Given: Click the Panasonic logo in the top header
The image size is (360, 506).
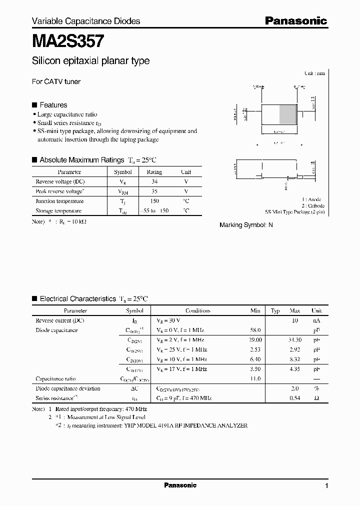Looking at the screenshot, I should tap(295, 20).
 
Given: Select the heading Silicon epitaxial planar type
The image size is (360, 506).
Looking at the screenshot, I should tap(90, 61).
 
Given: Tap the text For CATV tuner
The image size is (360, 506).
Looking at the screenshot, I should tap(56, 81).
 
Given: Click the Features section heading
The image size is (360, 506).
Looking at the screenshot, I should tap(53, 105).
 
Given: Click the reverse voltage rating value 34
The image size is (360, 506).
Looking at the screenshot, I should tap(154, 181).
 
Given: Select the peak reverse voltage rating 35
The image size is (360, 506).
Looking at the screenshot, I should tap(154, 191).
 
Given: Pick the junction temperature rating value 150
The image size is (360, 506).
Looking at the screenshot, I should tap(154, 201).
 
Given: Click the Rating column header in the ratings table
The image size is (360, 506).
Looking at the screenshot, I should tap(154, 171).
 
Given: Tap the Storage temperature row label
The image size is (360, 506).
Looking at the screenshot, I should tap(58, 211).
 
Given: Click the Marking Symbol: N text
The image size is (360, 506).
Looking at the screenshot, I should tap(246, 225).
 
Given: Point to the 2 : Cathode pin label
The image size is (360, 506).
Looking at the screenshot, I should tap(312, 205).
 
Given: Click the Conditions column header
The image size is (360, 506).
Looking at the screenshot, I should tap(198, 310).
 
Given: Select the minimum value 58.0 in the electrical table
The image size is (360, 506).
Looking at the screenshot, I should tap(255, 330).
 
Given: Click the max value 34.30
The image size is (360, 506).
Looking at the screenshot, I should tap(294, 340).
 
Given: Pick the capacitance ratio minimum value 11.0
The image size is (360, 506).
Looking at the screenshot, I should tap(255, 379).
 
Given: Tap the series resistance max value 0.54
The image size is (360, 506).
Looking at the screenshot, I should tap(294, 398).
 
